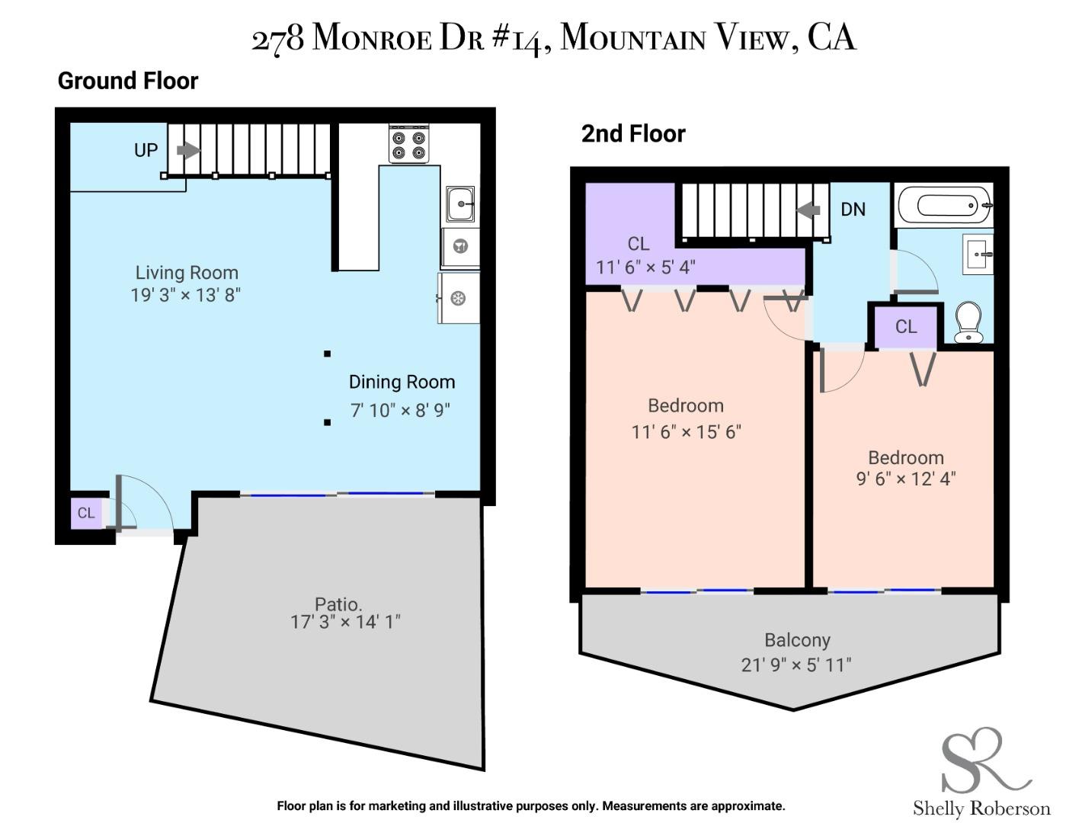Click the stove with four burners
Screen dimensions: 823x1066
[408, 144]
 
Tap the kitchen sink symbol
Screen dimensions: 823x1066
[460, 203]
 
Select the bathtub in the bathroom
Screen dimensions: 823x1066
[945, 205]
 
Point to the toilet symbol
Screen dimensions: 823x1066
[968, 322]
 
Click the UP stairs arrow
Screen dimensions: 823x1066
[188, 150]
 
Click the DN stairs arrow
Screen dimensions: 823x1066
[808, 209]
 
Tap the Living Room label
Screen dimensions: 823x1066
[187, 273]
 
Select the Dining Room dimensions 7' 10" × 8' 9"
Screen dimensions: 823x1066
[400, 410]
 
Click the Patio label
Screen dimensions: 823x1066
[338, 604]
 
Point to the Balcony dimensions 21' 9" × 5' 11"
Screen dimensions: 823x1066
[796, 664]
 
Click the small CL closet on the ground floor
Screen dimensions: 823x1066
[86, 513]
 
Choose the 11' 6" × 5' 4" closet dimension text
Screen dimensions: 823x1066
[645, 267]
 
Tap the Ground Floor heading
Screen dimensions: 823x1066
[128, 81]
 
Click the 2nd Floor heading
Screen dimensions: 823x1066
[633, 134]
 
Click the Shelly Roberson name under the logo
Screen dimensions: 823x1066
[981, 808]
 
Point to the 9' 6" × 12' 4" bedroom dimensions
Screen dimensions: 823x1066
[906, 479]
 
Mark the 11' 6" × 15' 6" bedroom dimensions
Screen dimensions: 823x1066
[686, 431]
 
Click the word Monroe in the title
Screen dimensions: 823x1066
[372, 38]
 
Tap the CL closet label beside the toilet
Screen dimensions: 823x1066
[906, 327]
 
